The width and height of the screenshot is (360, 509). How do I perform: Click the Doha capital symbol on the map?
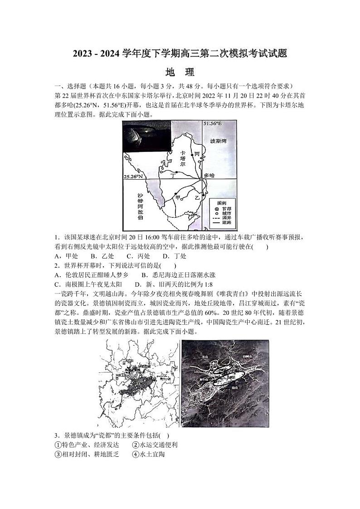point(202,180)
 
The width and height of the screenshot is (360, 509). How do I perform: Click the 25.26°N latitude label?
point(133,176)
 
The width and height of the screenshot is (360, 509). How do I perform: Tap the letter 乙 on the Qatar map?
point(197,198)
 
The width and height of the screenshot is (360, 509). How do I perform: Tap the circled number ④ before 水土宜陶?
point(135,454)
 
